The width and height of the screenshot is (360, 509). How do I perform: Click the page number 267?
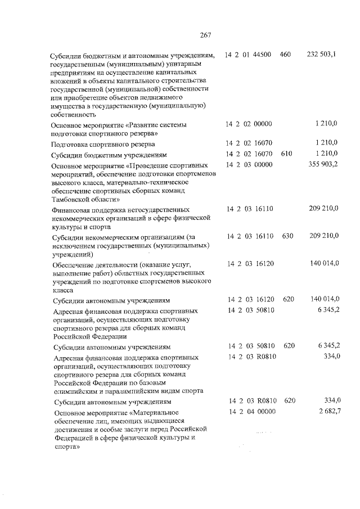[x=205, y=35]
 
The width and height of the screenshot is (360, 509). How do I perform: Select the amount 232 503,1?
[x=322, y=55]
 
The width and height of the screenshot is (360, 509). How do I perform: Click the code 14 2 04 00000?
[x=251, y=412]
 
